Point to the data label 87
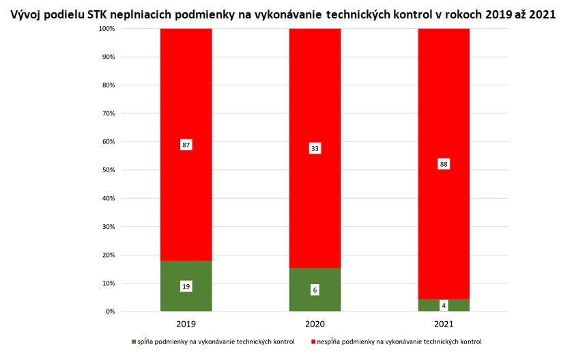186,145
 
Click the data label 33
315,148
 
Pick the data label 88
444,164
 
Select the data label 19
186,287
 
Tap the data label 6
315,290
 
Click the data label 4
444,305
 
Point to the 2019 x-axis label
186,323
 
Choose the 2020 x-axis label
315,323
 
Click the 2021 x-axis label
444,323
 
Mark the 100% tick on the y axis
107,29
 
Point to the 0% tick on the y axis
111,311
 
